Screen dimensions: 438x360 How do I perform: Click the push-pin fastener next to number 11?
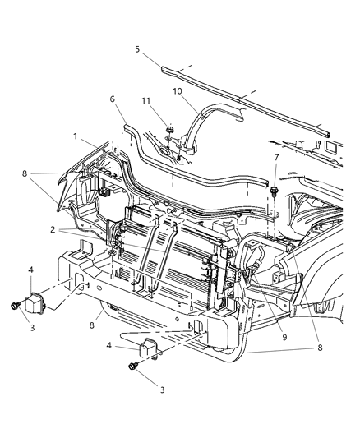point(169,130)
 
